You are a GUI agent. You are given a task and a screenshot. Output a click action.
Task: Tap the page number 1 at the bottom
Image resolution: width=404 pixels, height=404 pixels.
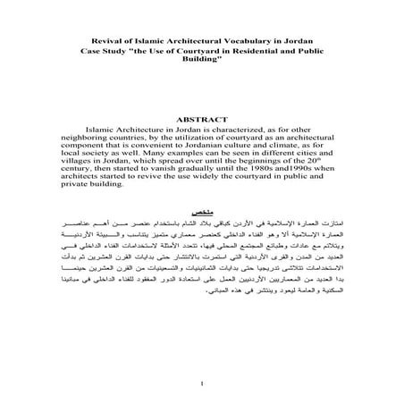pyautogui.click(x=203, y=384)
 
